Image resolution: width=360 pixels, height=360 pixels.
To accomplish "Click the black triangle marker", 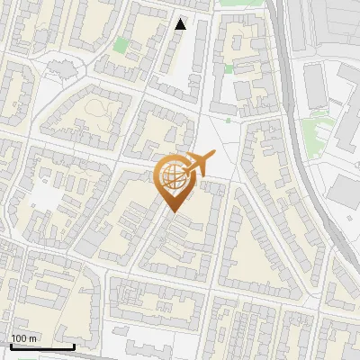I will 181,24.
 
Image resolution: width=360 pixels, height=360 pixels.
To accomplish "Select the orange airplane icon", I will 200,164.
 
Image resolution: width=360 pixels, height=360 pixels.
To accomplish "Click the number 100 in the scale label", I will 21,338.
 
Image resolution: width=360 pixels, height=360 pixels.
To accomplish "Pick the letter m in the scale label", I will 34,338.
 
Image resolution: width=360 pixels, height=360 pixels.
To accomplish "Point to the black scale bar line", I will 41,346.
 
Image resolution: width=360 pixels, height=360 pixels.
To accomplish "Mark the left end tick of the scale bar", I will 10,345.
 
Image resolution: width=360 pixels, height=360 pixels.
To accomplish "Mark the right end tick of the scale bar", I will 74,345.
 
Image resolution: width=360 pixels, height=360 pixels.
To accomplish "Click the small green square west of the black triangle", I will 121,45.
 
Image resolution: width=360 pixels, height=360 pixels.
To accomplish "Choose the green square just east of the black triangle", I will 229,67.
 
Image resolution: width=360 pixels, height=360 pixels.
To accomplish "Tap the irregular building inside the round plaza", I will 62,67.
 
